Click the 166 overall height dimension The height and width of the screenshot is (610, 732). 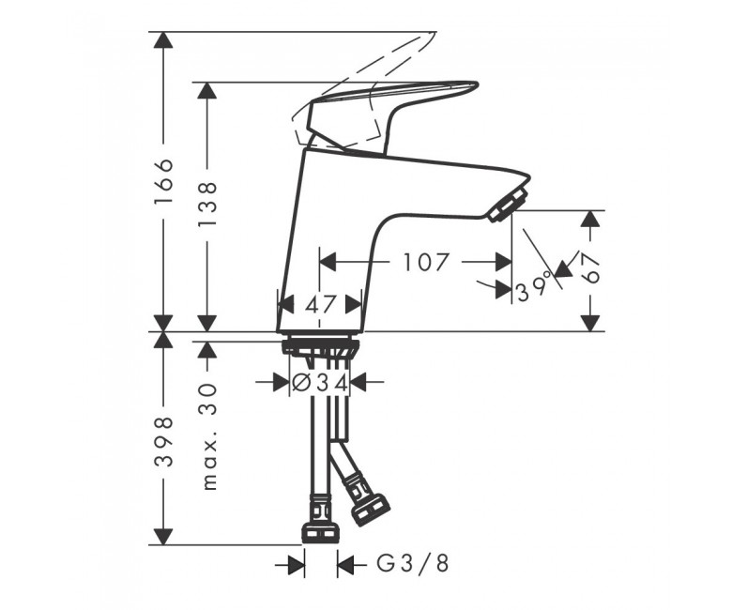(164, 180)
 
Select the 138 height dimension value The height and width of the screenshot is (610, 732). (207, 204)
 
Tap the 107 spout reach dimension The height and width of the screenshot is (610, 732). (426, 262)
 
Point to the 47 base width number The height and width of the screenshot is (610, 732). (320, 305)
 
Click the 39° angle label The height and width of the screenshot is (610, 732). (534, 290)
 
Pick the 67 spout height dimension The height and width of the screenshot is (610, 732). (591, 267)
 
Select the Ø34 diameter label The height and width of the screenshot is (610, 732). (319, 383)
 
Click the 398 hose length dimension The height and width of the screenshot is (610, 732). (164, 441)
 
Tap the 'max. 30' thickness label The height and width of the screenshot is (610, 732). (208, 436)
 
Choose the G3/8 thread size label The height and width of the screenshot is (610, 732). (412, 564)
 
